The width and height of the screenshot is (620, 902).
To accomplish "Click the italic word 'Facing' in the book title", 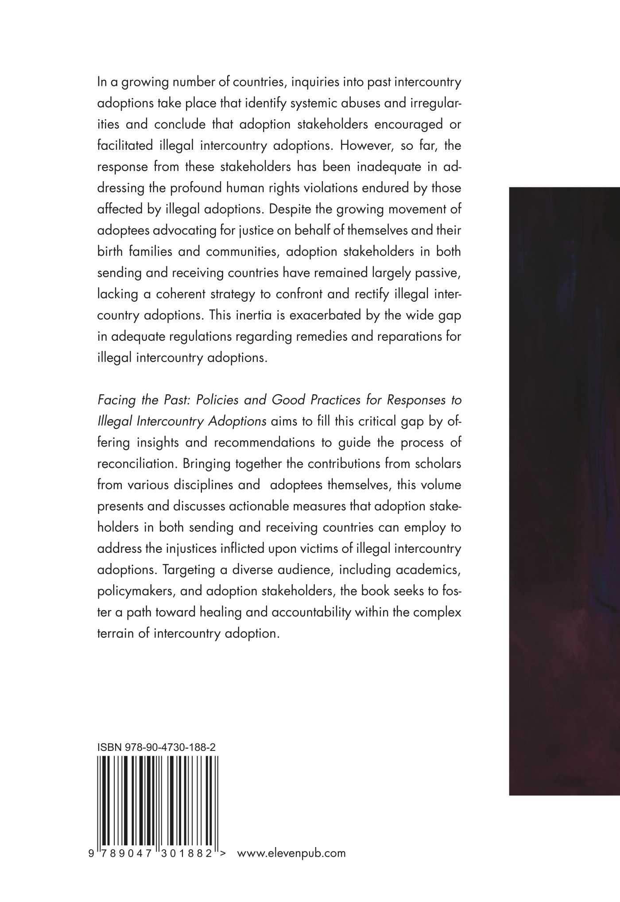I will click(115, 400).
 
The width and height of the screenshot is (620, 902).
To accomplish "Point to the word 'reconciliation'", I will click(133, 463).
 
